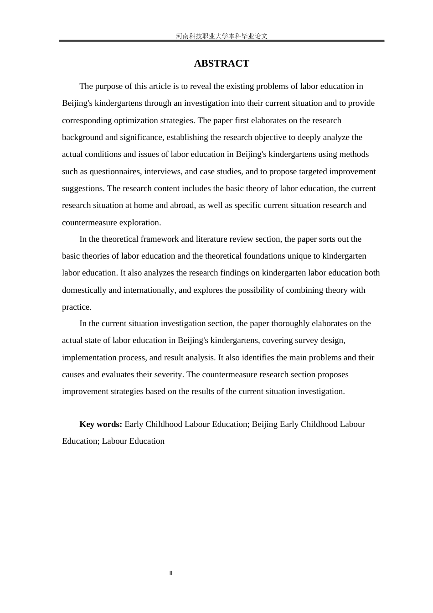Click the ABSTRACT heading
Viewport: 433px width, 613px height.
[x=222, y=63]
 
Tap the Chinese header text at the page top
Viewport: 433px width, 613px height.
[x=222, y=36]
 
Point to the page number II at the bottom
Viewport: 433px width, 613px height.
[x=171, y=573]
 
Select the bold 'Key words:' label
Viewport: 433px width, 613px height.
[x=101, y=424]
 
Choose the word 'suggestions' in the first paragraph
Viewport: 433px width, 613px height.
[x=82, y=188]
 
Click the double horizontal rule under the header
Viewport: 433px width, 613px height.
[x=222, y=41]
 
